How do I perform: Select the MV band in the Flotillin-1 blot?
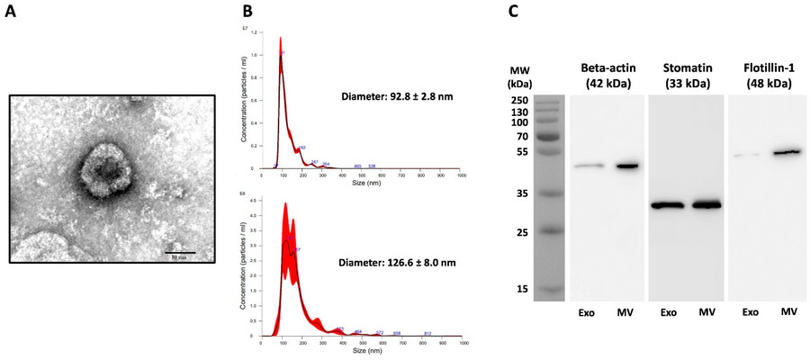coord(787,153)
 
